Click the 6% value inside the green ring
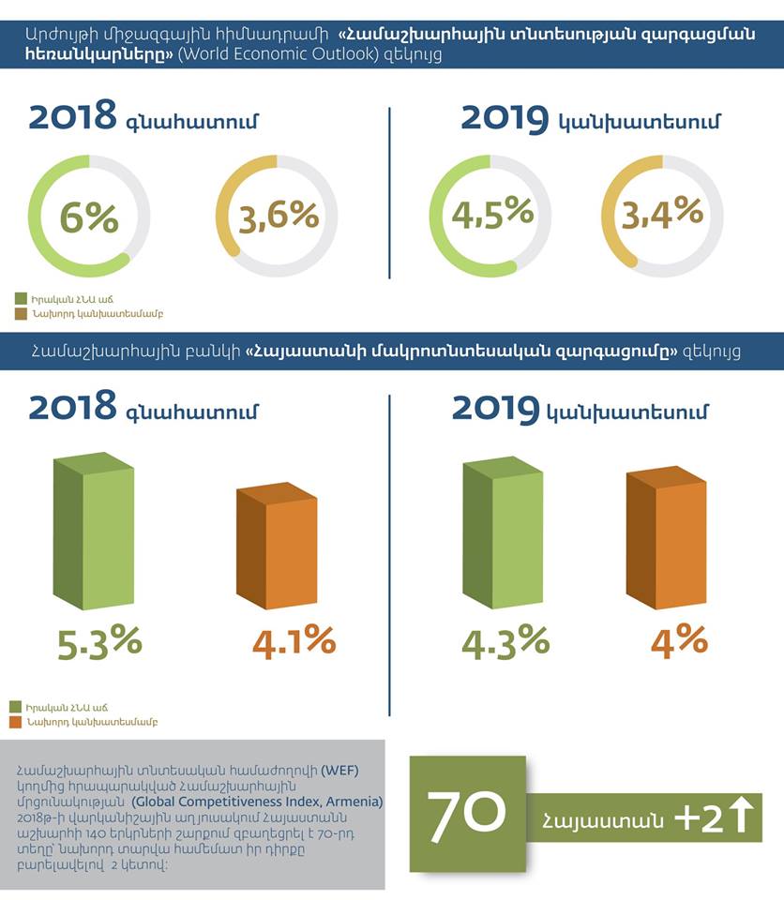[x=89, y=218]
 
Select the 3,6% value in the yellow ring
[x=279, y=217]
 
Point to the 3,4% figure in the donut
[x=663, y=212]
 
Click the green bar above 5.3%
[x=94, y=534]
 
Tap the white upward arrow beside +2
[x=741, y=814]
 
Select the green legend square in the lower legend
[x=16, y=706]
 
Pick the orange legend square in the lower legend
[x=16, y=722]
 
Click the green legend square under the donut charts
[x=21, y=297]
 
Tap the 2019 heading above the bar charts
[x=495, y=409]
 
